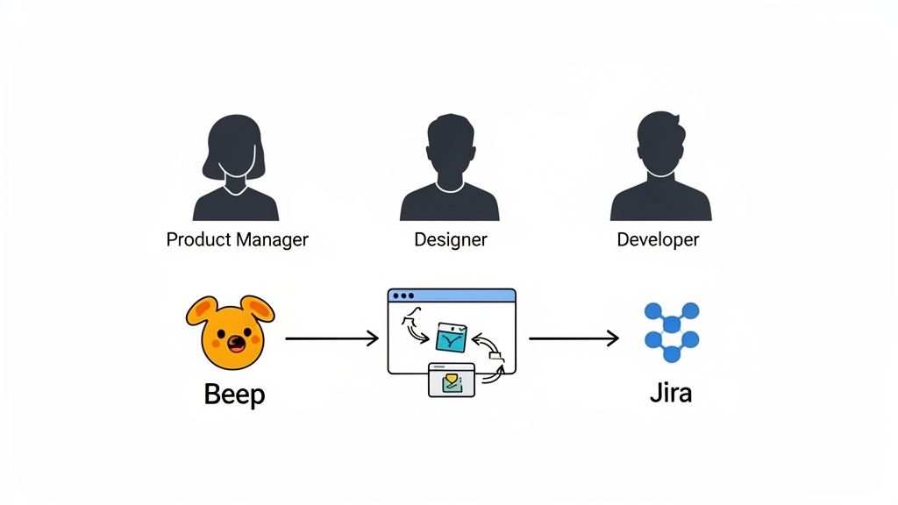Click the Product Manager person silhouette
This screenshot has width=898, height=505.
[x=235, y=171]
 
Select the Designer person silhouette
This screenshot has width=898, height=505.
[x=449, y=171]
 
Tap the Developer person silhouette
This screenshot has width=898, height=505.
[x=659, y=171]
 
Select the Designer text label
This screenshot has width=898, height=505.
[x=450, y=239]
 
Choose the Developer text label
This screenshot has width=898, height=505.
[x=658, y=239]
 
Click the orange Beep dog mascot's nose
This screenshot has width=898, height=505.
[x=232, y=340]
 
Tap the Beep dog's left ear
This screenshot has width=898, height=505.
[x=201, y=310]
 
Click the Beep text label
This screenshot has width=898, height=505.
[x=233, y=395]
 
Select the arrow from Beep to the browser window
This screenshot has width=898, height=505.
[x=331, y=338]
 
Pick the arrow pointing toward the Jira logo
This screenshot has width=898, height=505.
[x=574, y=338]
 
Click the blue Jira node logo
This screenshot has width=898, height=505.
[x=671, y=332]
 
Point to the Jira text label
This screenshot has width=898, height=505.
[x=671, y=392]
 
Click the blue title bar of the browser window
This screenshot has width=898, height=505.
[x=452, y=296]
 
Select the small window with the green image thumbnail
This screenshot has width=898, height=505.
[x=451, y=380]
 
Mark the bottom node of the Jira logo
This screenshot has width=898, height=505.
[x=671, y=354]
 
